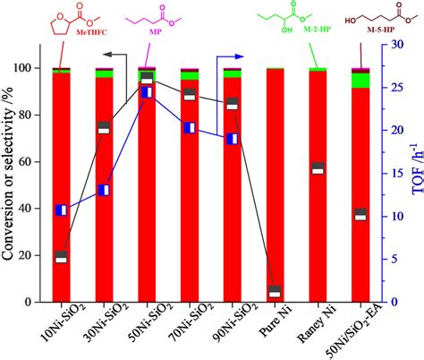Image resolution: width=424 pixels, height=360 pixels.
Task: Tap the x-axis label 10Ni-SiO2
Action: (53, 328)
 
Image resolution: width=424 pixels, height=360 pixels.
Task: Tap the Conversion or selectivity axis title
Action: (11, 179)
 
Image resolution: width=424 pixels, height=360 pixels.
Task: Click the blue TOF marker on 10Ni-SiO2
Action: (61, 210)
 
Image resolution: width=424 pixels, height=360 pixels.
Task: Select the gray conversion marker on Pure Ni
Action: (275, 291)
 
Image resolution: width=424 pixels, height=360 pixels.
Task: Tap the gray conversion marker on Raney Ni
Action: (318, 168)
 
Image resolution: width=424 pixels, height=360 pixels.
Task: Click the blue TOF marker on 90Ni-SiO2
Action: (232, 139)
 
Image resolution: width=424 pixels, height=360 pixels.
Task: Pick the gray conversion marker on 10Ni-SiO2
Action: (61, 257)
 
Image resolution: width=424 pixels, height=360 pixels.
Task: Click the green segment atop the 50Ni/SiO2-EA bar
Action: (360, 80)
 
